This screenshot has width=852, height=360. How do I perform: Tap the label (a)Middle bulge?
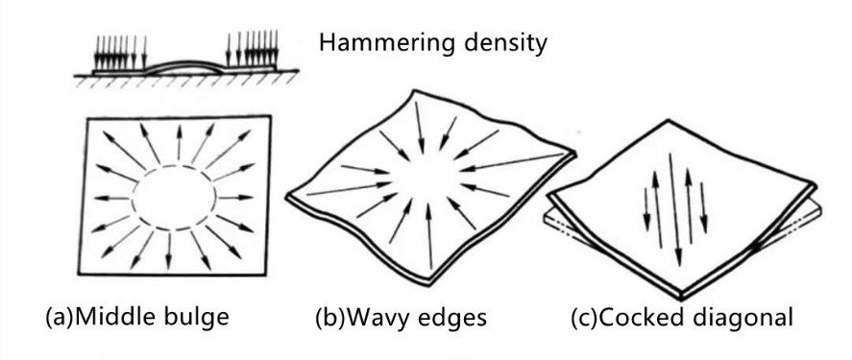coord(137,317)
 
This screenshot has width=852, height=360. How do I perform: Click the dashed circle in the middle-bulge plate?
coord(174,166)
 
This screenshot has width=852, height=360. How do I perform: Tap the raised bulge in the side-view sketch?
coord(184,63)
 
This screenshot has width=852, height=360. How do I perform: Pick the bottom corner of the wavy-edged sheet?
coord(429,283)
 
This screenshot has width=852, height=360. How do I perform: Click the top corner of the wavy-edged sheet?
coord(416,90)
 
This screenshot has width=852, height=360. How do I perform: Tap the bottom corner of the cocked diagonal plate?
coord(681,298)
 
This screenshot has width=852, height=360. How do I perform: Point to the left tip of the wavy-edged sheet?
coord(286,196)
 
